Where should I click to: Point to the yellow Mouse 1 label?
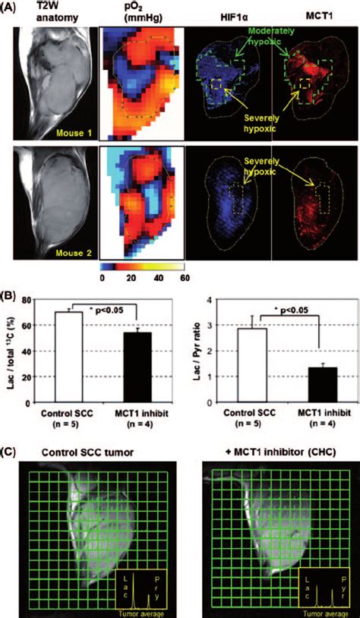click(70, 133)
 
